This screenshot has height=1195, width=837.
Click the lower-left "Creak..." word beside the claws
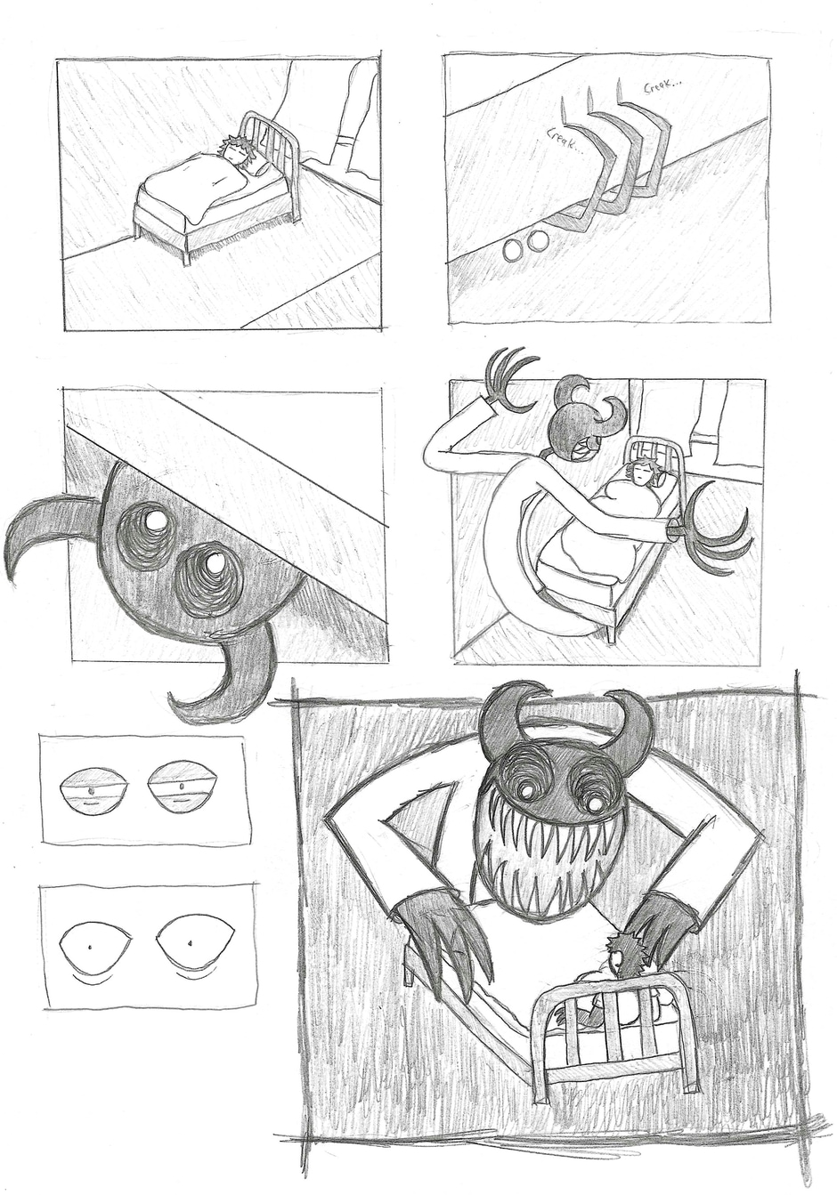[x=564, y=141]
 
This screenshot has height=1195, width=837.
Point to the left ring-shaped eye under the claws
[x=513, y=249]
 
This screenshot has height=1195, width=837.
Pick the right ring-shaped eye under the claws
[x=538, y=240]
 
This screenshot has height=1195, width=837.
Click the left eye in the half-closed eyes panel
[x=93, y=787]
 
